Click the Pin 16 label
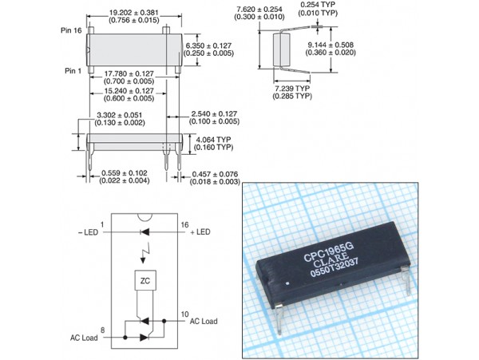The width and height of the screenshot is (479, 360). click(71, 30)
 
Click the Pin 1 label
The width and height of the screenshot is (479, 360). click(73, 71)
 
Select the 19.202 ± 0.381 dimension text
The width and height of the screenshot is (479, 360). click(134, 13)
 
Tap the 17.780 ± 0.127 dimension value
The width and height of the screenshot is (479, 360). click(129, 74)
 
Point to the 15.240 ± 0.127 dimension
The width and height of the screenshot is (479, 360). click(129, 91)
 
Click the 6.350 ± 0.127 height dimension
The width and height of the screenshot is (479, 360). click(208, 45)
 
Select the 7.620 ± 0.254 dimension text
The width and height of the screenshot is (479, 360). click(259, 9)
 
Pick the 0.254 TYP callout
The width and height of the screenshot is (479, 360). click(318, 5)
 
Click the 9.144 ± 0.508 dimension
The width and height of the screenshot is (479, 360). click(331, 45)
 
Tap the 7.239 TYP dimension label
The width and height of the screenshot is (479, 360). click(292, 89)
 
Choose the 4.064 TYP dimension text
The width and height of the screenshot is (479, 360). click(213, 140)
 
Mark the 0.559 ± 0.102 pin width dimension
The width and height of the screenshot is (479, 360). click(125, 173)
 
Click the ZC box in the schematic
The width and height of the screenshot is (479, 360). click(145, 280)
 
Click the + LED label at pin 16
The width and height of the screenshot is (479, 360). click(200, 232)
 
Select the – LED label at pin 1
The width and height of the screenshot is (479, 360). click(89, 232)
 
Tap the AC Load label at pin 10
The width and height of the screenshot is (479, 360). click(204, 321)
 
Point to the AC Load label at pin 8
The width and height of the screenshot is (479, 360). click(84, 338)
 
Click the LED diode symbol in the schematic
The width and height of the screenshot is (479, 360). click(144, 232)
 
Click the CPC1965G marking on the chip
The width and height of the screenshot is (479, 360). click(328, 252)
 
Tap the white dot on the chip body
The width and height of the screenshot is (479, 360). click(287, 283)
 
